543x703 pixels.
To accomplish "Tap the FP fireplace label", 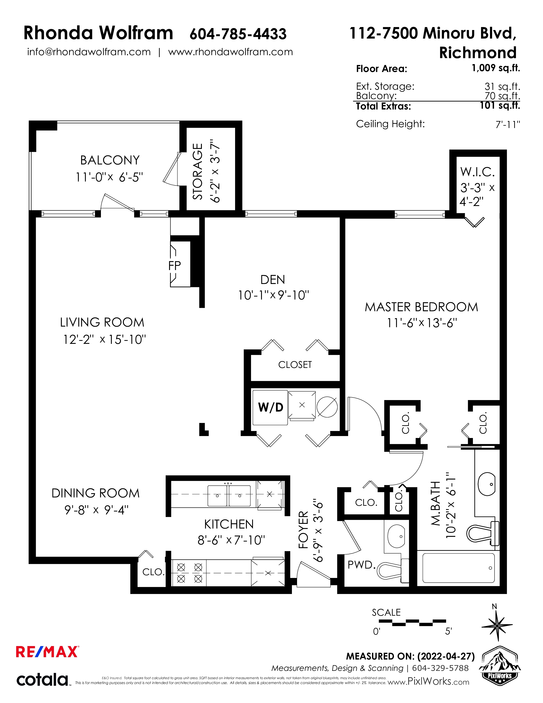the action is (175, 266).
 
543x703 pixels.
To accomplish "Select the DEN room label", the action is (273, 280).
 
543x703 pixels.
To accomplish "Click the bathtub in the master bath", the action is (458, 568).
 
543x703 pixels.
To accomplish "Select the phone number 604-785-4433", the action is (238, 34).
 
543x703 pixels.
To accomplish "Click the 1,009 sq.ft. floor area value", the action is (496, 68).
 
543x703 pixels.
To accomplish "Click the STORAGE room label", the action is (198, 171).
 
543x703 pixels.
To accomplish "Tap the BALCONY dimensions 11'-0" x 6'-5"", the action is (109, 177).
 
